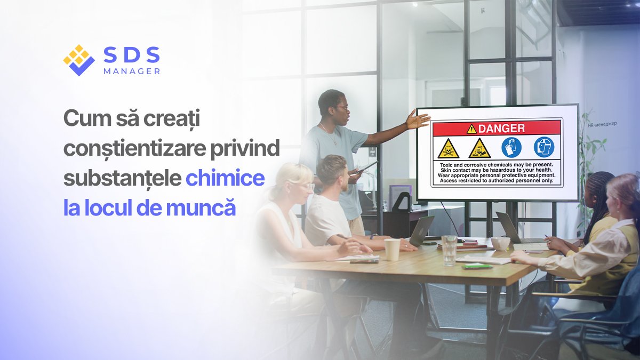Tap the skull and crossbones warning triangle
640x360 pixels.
(448, 148)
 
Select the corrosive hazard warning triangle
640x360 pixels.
(479, 148)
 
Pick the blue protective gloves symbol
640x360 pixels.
(511, 147)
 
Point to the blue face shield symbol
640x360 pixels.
(543, 147)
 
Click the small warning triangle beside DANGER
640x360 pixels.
(471, 129)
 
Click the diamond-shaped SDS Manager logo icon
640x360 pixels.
(78, 60)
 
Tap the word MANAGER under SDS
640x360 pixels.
(132, 71)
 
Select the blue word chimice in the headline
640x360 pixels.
(225, 178)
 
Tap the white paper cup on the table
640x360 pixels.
(392, 249)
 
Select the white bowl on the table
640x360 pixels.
(500, 243)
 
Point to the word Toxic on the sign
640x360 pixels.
(443, 165)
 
